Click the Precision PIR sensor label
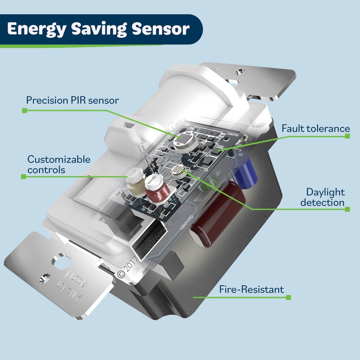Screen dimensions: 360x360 point(72,100)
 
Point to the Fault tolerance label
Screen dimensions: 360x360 point(315,129)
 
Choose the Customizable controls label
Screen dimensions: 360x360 point(59,165)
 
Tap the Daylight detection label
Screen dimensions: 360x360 point(325,197)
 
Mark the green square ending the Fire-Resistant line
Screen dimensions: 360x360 point(288,297)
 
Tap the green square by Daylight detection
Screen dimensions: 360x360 point(347,208)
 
